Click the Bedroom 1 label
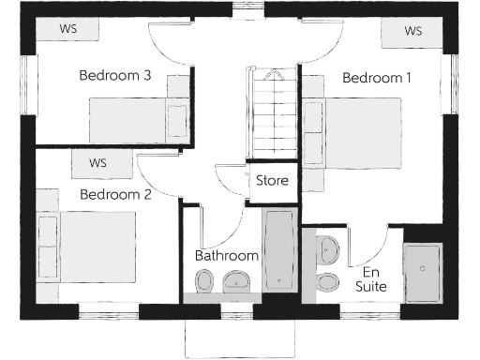tap(377, 78)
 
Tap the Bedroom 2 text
tap(115, 195)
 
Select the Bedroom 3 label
tap(115, 76)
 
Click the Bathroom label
tap(226, 255)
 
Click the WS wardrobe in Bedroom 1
tap(412, 31)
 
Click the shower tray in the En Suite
tap(422, 272)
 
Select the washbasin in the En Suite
tap(328, 250)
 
